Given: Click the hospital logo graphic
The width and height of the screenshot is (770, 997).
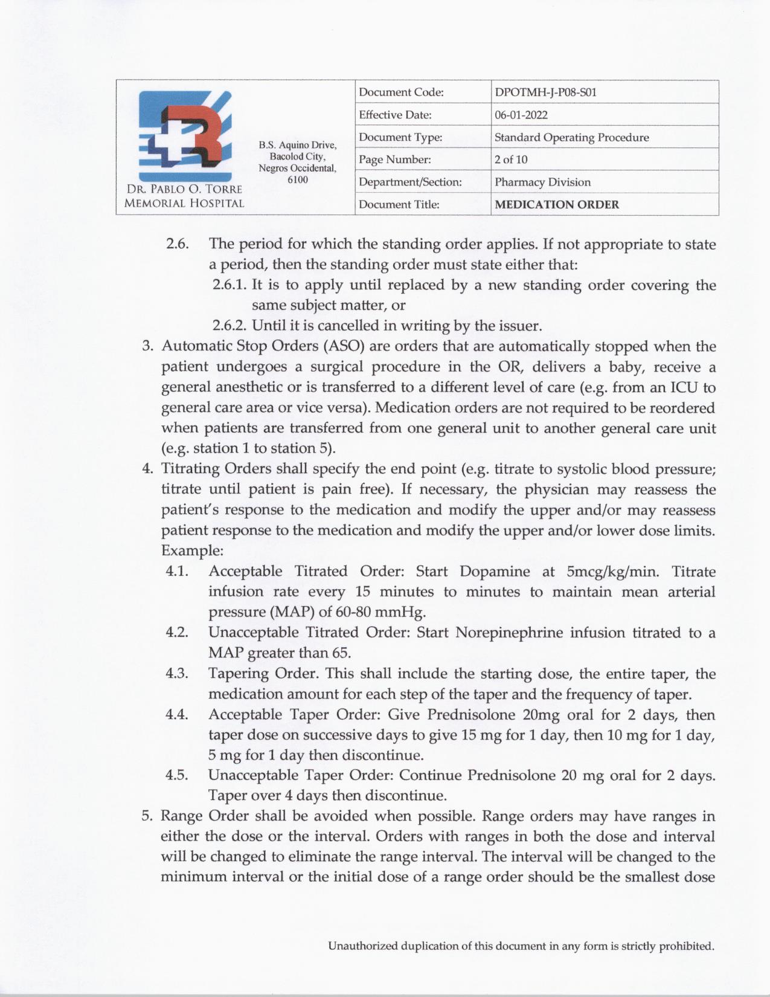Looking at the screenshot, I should (185, 135).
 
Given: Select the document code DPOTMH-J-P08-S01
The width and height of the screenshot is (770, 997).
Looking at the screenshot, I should (545, 92).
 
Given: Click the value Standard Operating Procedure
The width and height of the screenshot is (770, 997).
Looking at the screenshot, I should (571, 137).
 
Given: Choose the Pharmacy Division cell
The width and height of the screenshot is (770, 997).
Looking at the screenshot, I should (542, 182).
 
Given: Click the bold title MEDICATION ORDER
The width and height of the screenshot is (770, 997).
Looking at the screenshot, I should (556, 204).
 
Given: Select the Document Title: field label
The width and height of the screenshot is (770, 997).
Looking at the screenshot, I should (399, 204).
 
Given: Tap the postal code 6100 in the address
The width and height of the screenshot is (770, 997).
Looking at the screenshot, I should (298, 179).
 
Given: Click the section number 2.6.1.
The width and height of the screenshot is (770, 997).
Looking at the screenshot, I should (229, 285).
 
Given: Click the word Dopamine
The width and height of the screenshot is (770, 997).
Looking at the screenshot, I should (495, 571).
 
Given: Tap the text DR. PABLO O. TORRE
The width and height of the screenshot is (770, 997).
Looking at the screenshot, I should (184, 190).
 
